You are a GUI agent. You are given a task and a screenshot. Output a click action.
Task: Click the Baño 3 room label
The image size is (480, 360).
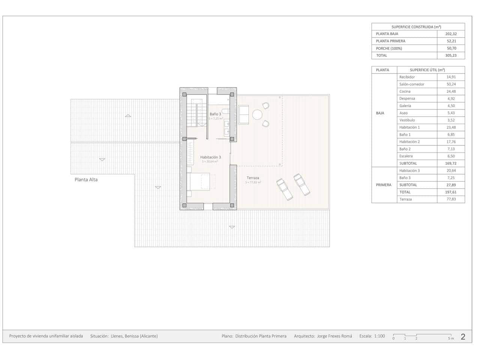(215, 114)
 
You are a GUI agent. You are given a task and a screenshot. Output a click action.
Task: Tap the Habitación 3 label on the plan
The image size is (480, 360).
(210, 157)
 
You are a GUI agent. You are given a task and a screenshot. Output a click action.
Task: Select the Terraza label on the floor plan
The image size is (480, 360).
(253, 178)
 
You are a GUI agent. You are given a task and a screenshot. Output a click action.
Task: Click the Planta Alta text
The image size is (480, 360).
(86, 180)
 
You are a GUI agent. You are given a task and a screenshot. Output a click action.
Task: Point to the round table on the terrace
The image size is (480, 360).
(257, 114)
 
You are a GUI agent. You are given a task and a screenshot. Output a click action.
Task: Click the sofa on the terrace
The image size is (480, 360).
(243, 114)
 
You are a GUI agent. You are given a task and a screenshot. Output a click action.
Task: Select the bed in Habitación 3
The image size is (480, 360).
(201, 182)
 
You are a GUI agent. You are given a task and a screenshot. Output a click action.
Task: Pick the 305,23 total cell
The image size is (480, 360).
(451, 55)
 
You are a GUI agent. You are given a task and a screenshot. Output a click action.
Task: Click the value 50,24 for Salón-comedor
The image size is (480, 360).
(451, 84)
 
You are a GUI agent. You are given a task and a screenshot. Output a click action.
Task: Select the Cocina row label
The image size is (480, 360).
(405, 91)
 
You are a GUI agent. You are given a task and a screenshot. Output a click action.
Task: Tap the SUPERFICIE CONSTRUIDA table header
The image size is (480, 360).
(416, 27)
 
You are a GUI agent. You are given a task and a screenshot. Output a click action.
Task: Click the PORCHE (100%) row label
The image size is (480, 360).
(389, 48)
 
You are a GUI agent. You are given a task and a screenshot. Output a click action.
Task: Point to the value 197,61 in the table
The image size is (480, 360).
(451, 192)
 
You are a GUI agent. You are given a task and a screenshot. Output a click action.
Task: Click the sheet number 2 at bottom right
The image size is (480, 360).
(463, 336)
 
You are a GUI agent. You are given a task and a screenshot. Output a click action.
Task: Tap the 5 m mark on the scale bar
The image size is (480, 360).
(451, 338)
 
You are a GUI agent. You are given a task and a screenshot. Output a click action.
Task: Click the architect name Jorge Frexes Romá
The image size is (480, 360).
(334, 336)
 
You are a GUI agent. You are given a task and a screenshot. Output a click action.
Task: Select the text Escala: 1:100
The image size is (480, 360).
(372, 336)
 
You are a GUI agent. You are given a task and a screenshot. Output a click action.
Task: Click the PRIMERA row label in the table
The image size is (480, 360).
(384, 185)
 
